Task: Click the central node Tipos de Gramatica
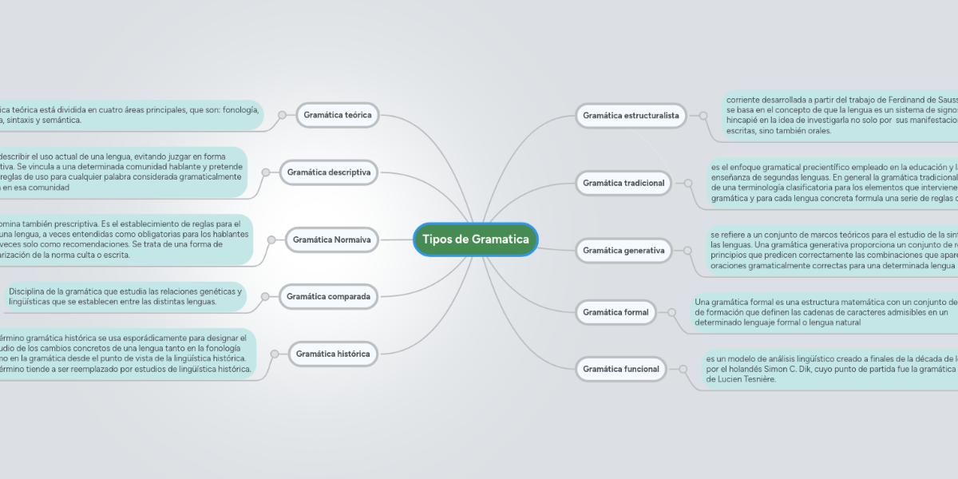pyautogui.click(x=476, y=239)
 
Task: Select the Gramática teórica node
pyautogui.click(x=337, y=115)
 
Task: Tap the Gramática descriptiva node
pyautogui.click(x=328, y=172)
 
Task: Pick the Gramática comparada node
pyautogui.click(x=328, y=297)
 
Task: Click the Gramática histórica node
pyautogui.click(x=332, y=354)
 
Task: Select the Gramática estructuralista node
pyautogui.click(x=631, y=115)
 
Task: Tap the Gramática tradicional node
pyautogui.click(x=623, y=183)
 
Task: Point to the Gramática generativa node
pyautogui.click(x=623, y=251)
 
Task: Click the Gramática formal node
pyautogui.click(x=616, y=312)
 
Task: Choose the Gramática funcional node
pyautogui.click(x=621, y=369)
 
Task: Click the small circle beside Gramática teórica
pyautogui.click(x=281, y=115)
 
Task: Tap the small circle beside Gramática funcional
pyautogui.click(x=683, y=369)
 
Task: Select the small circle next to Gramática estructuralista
pyautogui.click(x=703, y=115)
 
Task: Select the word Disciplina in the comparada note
pyautogui.click(x=30, y=291)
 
